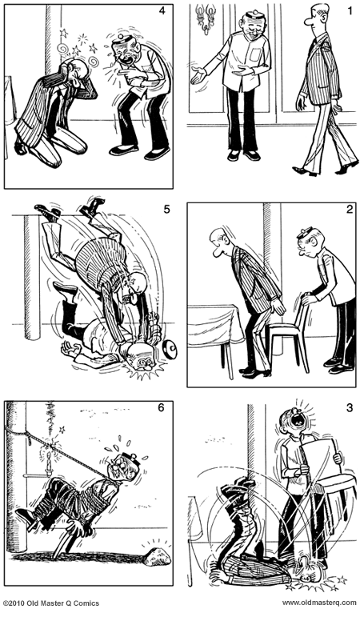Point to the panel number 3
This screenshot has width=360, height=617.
pos(349,408)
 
